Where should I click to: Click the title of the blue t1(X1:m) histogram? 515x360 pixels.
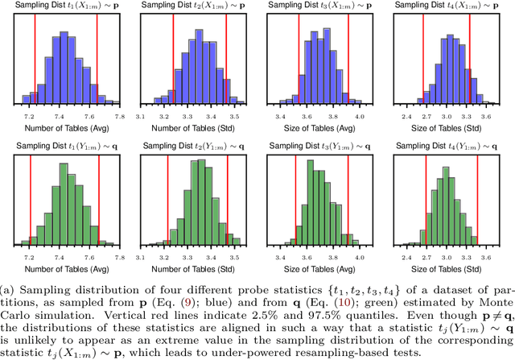point(67,7)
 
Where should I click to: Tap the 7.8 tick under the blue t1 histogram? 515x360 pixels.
point(119,117)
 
